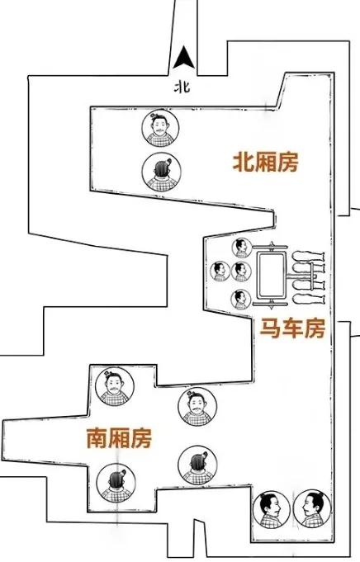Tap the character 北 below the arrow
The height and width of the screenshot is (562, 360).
(x=182, y=87)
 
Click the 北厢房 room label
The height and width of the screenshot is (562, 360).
(x=265, y=163)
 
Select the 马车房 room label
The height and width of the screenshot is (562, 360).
(x=292, y=328)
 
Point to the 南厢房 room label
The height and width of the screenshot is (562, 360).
(x=119, y=438)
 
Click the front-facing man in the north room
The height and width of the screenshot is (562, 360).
(x=160, y=128)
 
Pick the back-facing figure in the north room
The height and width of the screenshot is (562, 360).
(x=161, y=172)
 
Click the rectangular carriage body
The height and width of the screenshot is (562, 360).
(x=272, y=275)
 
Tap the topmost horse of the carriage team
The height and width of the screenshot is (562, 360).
(x=308, y=257)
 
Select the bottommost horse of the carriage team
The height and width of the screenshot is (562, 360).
(x=308, y=298)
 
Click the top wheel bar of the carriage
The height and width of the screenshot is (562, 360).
(x=270, y=247)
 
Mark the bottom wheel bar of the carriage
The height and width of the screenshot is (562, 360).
(x=270, y=305)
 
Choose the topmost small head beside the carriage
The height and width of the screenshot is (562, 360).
(x=241, y=248)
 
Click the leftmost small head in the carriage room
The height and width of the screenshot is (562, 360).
(x=220, y=271)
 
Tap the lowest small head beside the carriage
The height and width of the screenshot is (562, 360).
(x=241, y=300)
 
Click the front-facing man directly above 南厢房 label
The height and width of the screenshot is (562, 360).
(x=115, y=387)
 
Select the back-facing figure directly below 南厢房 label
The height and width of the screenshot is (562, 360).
(x=116, y=483)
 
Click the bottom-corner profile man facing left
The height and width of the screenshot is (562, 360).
(x=311, y=509)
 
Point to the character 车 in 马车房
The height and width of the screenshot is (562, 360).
(x=292, y=328)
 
